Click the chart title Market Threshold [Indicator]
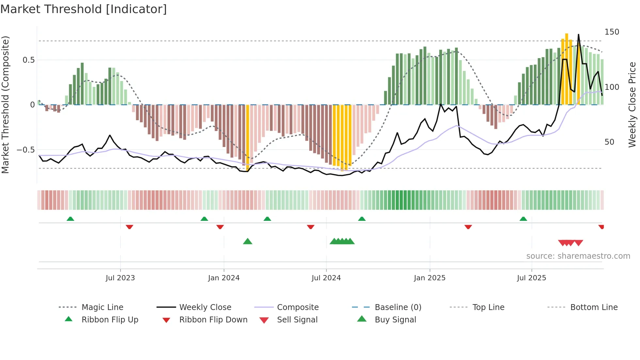(84, 9)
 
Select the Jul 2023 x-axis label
(120, 278)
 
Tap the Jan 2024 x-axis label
(224, 278)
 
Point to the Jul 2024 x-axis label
(326, 278)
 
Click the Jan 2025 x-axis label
(429, 278)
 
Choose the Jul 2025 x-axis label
(531, 278)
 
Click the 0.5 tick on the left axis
(29, 60)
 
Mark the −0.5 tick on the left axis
(26, 150)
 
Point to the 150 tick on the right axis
(612, 32)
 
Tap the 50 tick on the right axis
(609, 142)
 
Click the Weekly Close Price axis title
(632, 105)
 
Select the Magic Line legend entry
(102, 307)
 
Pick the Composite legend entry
(297, 307)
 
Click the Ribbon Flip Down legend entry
(213, 320)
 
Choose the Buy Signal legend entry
(395, 320)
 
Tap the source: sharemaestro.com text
(578, 256)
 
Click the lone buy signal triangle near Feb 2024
(248, 241)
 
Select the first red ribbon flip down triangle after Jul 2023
(129, 227)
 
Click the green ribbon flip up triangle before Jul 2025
(523, 219)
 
